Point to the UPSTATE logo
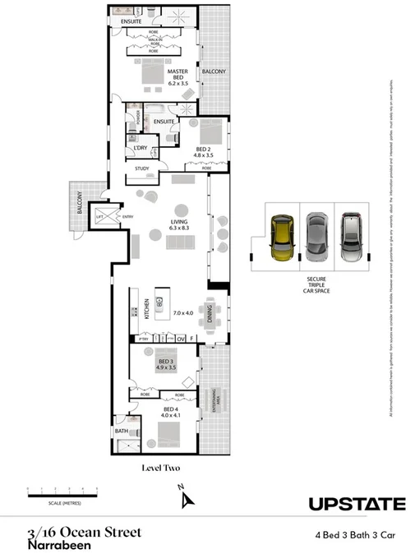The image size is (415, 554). [x=357, y=504]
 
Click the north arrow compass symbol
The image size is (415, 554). [x=187, y=496]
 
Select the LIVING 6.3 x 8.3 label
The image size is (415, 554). [x=178, y=224]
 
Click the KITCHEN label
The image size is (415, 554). [x=148, y=309]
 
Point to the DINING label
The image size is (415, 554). [x=210, y=313]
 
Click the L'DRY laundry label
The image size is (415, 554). [x=140, y=149]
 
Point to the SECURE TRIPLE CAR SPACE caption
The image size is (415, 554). [x=315, y=285]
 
